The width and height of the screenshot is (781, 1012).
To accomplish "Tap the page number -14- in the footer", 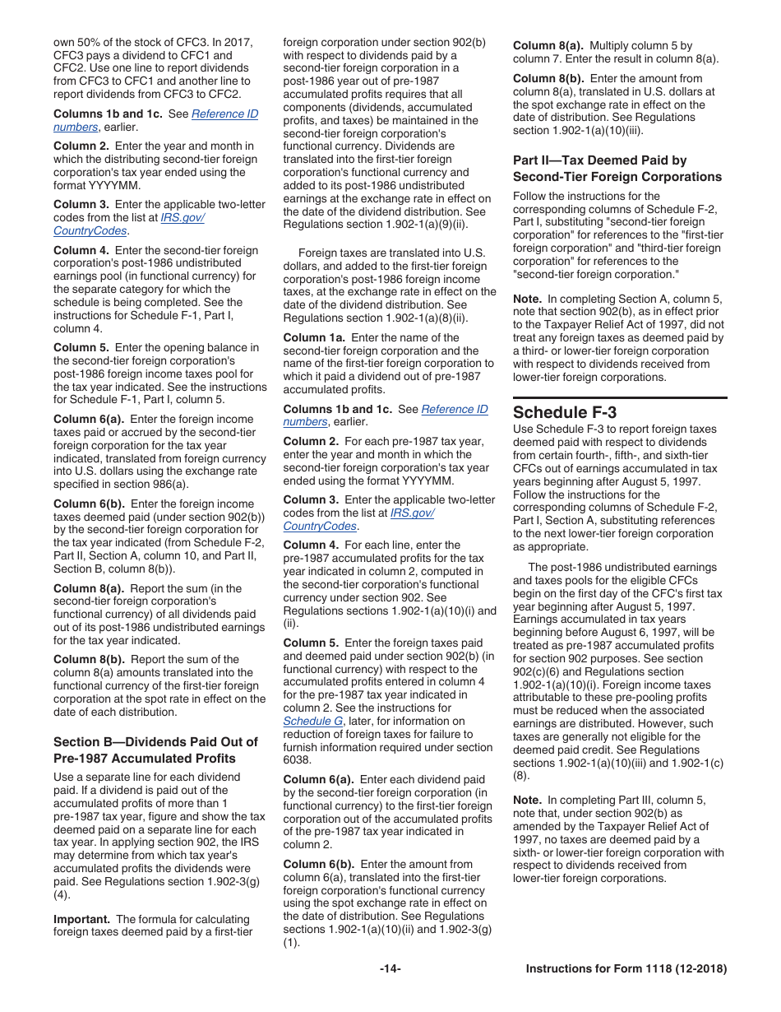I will point(390,968).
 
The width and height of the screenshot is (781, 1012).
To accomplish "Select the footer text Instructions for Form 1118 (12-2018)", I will point(626,968).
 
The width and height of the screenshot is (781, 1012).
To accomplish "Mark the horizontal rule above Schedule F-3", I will point(620,397).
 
